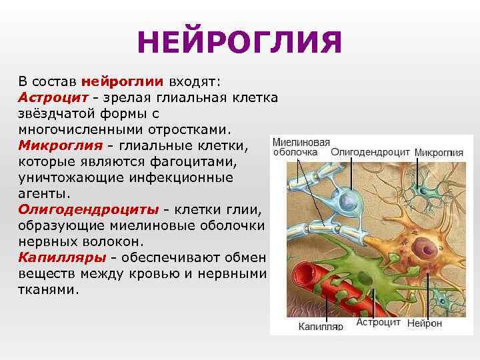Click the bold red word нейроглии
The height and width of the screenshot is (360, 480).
tap(122, 82)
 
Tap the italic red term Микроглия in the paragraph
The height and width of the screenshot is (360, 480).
tap(60, 145)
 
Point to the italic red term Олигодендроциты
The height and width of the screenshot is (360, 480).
tap(89, 209)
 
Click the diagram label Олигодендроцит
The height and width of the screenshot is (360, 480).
tap(371, 152)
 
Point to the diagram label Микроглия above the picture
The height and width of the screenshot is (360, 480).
tap(439, 153)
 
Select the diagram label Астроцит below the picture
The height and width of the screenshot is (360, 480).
tap(378, 323)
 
